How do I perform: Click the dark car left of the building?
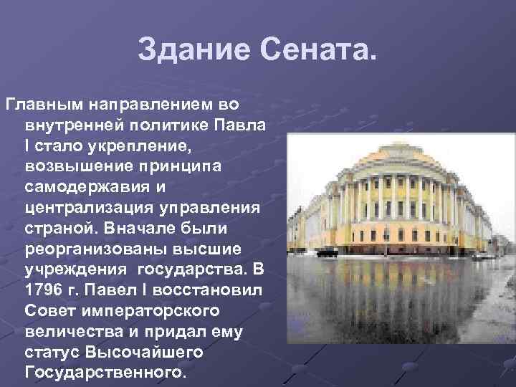[325, 253]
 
